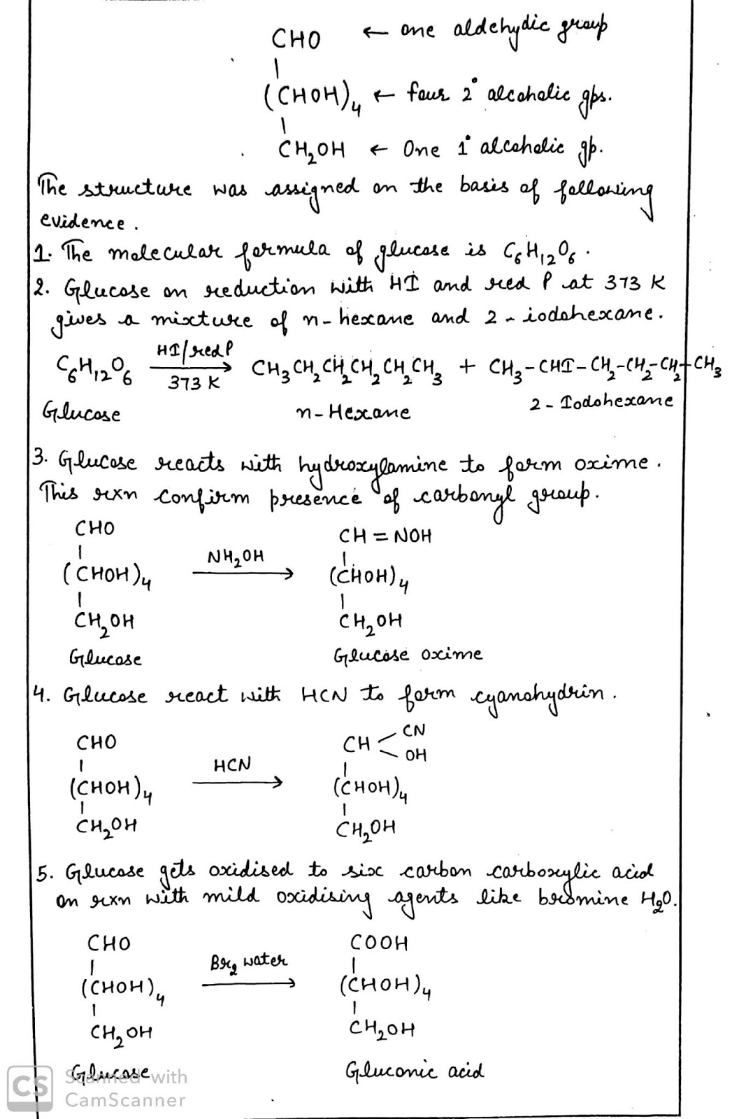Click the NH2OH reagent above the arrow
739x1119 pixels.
(x=236, y=557)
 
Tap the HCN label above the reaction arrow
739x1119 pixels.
(x=231, y=765)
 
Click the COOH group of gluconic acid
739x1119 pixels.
(x=379, y=943)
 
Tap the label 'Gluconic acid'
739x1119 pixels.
(x=414, y=1071)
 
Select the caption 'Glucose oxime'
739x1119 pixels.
(x=408, y=655)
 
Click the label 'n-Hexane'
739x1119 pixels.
(x=353, y=412)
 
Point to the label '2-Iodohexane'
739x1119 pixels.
(x=601, y=402)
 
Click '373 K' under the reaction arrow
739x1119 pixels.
(x=194, y=383)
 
